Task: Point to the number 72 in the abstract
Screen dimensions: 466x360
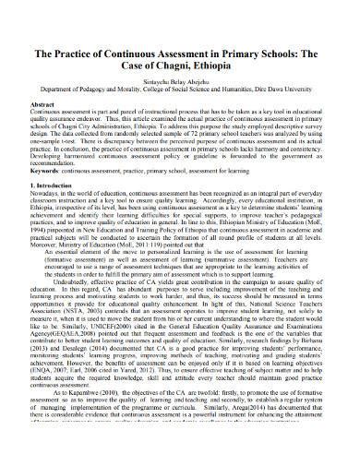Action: click(183, 149)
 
